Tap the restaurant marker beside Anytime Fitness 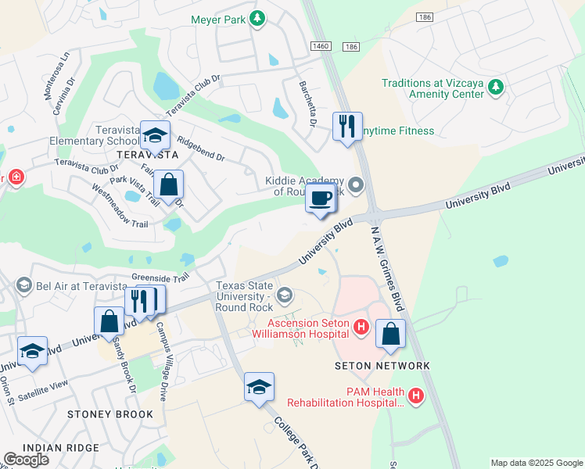tap(347, 127)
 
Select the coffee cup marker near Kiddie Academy tap(321, 199)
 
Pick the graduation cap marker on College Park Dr tap(260, 387)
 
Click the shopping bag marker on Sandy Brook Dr tap(109, 320)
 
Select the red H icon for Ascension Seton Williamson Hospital tap(361, 327)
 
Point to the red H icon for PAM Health tap(415, 396)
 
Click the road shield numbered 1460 tap(321, 48)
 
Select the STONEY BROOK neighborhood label tap(106, 414)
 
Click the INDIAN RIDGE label tap(61, 448)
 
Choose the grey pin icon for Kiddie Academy tap(357, 185)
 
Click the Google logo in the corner tap(27, 460)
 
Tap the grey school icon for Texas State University tap(285, 295)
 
